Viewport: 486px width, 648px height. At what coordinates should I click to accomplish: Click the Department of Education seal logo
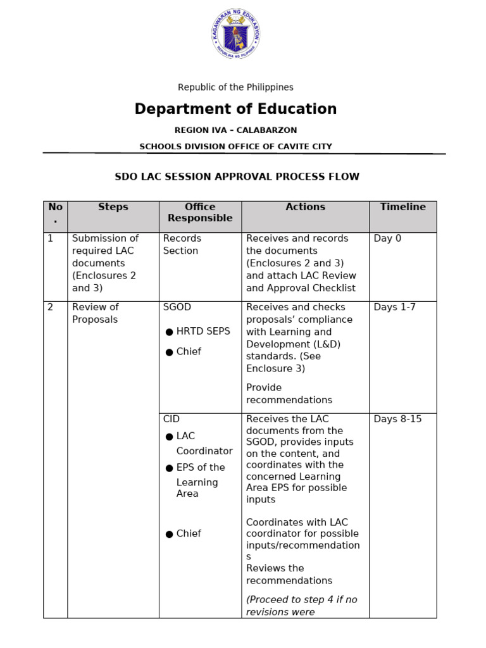235,34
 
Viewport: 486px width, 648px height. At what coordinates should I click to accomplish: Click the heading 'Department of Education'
235,109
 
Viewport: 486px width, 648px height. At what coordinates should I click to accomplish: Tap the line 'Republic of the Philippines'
235,87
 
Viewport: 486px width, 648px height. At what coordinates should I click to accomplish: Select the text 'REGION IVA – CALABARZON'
235,130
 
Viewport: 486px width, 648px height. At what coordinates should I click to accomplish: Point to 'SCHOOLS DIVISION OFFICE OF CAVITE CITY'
235,147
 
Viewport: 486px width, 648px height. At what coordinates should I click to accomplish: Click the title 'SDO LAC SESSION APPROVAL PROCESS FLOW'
237,177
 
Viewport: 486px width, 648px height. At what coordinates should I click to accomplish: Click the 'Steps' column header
113,207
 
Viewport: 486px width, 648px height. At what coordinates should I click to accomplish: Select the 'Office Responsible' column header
200,213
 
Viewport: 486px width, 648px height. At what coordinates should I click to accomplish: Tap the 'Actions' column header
305,207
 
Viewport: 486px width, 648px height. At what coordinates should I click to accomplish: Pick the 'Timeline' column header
403,207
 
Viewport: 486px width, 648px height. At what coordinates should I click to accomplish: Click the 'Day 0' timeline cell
387,239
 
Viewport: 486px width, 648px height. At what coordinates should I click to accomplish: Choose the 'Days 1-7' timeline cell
395,308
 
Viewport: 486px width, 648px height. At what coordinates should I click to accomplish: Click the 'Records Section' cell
182,245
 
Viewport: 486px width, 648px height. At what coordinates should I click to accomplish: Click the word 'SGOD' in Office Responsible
177,308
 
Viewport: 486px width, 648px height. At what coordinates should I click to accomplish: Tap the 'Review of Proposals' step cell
96,313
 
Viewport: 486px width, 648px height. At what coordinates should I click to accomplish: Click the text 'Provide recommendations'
289,394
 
